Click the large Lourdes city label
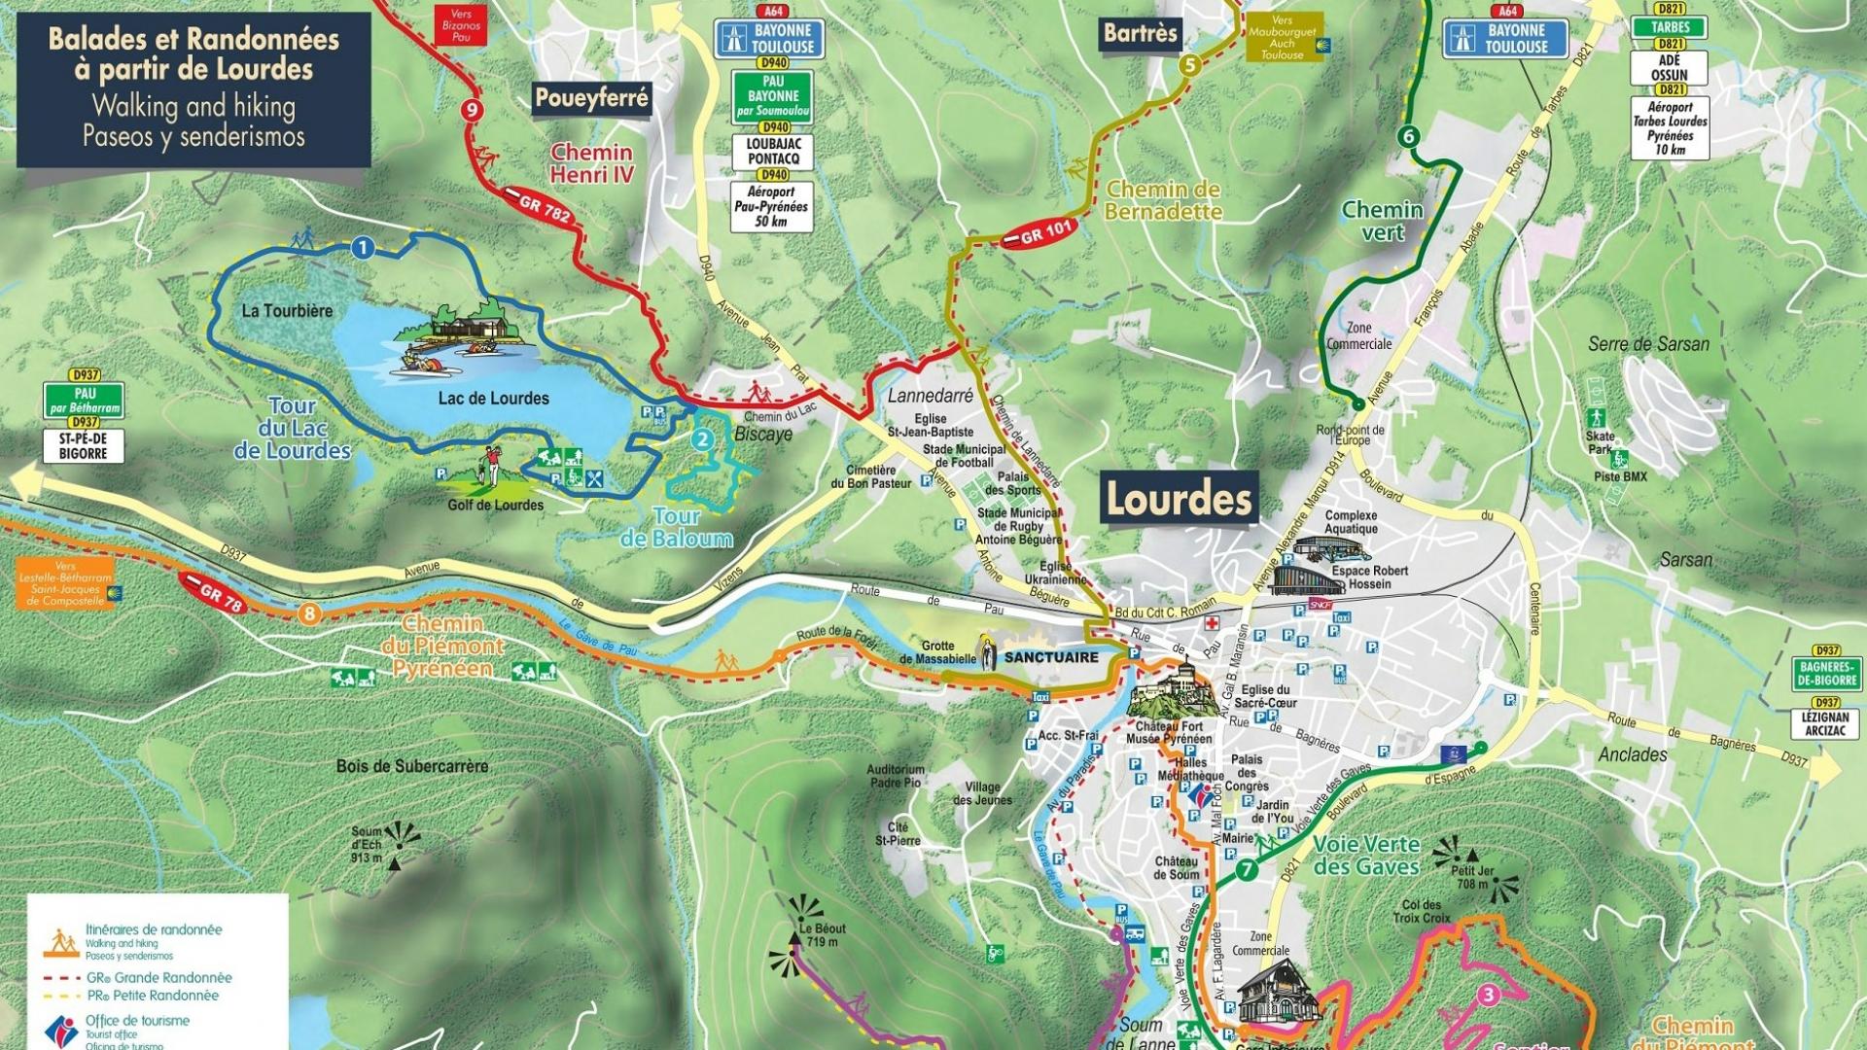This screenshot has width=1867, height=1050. click(x=1180, y=500)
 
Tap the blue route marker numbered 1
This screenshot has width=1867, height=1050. click(x=363, y=248)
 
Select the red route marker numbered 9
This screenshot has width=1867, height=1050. click(x=473, y=109)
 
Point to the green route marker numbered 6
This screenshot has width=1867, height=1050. click(x=1408, y=136)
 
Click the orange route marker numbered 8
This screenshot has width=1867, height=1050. click(x=309, y=613)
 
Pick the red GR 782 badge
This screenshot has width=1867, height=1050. click(x=544, y=205)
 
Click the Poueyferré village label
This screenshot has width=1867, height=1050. click(x=591, y=98)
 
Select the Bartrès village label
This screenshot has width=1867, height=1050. click(x=1140, y=34)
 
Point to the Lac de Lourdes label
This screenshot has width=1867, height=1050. click(x=493, y=399)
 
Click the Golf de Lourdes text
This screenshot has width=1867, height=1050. click(x=495, y=506)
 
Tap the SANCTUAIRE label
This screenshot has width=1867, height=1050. click(x=1050, y=657)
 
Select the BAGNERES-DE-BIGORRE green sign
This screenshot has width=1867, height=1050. click(x=1826, y=674)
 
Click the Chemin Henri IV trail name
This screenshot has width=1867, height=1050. click(x=591, y=163)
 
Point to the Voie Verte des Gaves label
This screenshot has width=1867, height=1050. click(x=1366, y=856)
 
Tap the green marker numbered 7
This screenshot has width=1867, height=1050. click(x=1247, y=870)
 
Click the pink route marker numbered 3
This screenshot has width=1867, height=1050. click(x=1488, y=995)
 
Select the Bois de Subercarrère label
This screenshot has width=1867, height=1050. click(x=412, y=766)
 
